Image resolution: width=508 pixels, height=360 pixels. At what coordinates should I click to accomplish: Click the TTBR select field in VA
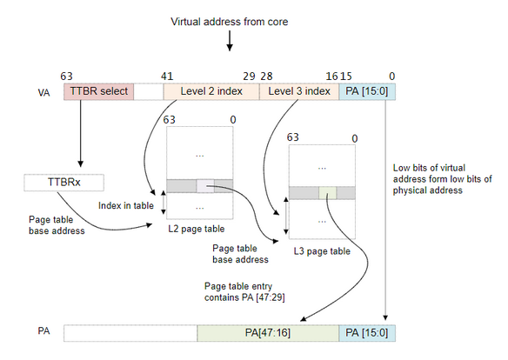click(98, 91)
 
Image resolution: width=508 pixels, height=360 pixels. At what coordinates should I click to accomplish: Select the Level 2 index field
click(211, 91)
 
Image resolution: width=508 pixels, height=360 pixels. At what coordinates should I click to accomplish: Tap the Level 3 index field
click(299, 91)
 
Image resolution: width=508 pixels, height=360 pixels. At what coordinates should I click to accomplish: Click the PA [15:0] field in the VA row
click(367, 91)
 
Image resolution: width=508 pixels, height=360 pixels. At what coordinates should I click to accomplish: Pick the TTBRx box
click(63, 183)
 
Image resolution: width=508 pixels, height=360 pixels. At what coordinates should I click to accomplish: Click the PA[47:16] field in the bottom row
click(268, 333)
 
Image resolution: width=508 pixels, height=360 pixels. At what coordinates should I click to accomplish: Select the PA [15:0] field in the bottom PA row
click(367, 333)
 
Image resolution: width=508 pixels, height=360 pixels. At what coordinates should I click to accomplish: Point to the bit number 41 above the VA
click(167, 77)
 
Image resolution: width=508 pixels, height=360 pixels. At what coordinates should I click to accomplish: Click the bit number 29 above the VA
click(249, 77)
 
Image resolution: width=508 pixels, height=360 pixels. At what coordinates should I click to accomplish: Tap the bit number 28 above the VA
click(266, 77)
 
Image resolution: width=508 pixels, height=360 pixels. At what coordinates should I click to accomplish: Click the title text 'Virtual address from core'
click(230, 22)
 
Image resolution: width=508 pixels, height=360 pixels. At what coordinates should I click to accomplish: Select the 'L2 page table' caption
click(197, 229)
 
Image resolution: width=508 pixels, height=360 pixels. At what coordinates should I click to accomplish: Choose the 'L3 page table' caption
click(322, 251)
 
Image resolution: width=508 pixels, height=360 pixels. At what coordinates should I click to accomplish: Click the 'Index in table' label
click(126, 205)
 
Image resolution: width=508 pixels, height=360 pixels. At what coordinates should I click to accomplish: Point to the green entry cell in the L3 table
click(328, 193)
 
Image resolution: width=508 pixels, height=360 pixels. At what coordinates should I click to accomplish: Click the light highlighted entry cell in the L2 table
click(205, 186)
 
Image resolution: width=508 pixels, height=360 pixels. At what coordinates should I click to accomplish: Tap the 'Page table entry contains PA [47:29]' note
click(244, 291)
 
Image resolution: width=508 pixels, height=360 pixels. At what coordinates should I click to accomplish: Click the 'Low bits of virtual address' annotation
click(442, 179)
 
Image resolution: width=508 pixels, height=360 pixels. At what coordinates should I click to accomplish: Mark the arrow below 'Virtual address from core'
click(230, 41)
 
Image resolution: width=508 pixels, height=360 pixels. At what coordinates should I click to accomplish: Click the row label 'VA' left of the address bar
click(43, 93)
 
